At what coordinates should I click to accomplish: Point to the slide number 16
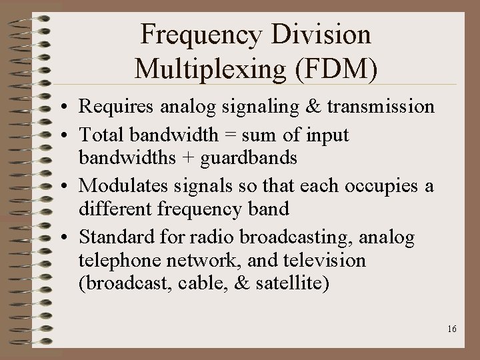coord(453,329)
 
